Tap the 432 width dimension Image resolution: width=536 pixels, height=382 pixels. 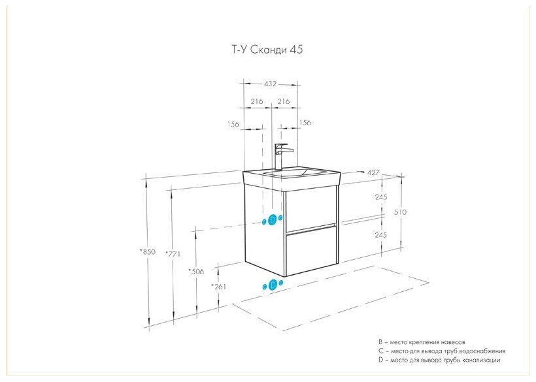(x=271, y=84)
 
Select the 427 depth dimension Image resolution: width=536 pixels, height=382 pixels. (x=373, y=172)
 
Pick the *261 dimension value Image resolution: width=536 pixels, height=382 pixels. (x=218, y=287)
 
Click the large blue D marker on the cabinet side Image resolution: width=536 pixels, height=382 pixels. (x=273, y=220)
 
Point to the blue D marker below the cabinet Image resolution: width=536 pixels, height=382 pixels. (x=272, y=285)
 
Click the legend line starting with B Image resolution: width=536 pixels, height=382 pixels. (x=422, y=342)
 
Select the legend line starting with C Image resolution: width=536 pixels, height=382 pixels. (x=439, y=351)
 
